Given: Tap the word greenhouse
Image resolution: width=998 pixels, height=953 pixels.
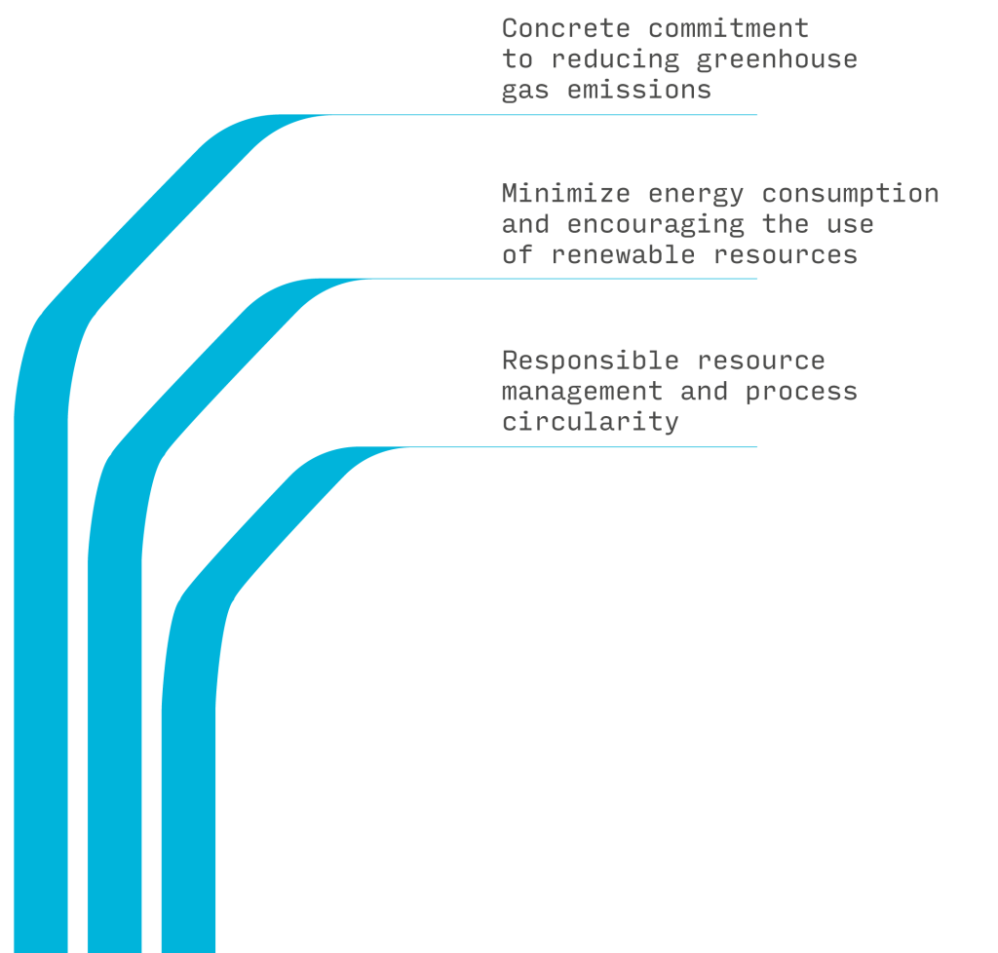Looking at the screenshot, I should coord(777,59).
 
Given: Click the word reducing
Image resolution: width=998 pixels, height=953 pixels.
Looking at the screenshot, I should coord(615,59).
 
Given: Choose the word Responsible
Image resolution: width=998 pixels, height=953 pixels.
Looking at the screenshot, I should coord(591,361).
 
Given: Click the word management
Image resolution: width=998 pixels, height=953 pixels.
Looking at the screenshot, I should coord(582,392).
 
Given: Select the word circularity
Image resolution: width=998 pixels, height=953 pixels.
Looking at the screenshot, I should coord(590,422).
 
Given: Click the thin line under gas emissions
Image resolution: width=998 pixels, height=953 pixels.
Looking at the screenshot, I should coord(585,115).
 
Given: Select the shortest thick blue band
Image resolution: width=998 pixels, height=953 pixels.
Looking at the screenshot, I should coord(188,780).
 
